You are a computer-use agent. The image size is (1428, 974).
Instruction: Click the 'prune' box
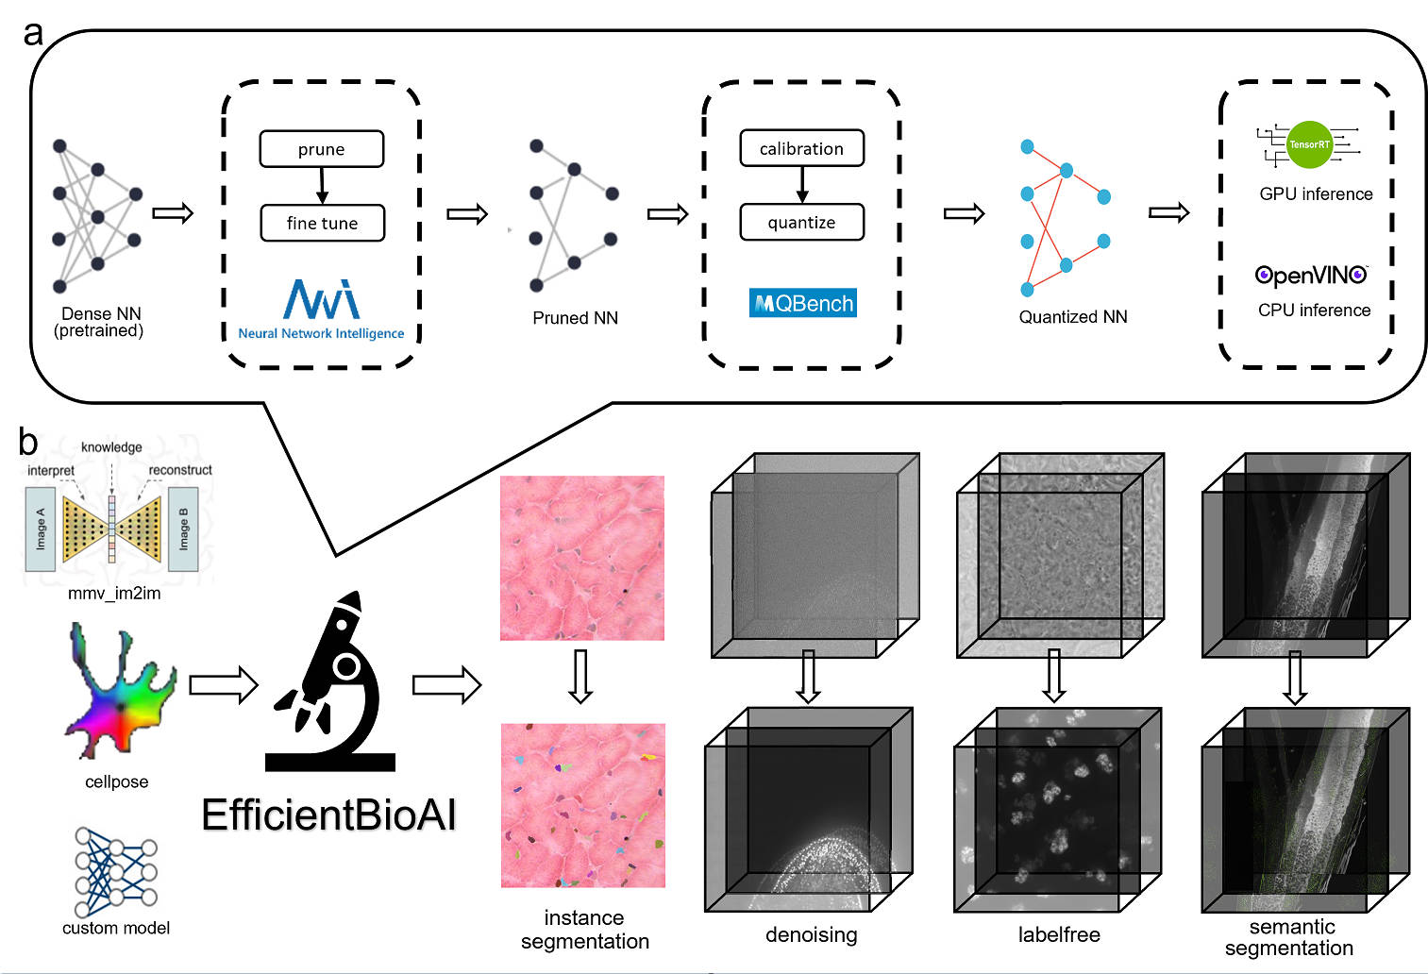pos(321,149)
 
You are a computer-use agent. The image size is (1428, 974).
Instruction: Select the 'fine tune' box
pos(322,224)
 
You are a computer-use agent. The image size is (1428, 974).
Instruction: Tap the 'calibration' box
pos(801,148)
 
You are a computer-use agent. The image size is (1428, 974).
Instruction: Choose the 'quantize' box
pos(801,223)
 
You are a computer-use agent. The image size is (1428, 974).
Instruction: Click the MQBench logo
pos(803,303)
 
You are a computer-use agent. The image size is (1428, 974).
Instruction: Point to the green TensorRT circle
pos(1309,144)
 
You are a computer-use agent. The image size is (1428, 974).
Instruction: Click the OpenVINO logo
pos(1311,275)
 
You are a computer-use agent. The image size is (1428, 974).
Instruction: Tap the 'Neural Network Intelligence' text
pos(321,333)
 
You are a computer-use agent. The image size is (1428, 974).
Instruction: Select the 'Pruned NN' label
pos(575,318)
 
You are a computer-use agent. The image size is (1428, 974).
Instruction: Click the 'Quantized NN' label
pos(1073,317)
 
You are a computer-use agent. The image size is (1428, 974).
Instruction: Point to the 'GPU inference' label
pos(1316,194)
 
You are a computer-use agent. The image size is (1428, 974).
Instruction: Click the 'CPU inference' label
pos(1314,311)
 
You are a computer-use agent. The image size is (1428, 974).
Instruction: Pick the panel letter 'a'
pos(33,33)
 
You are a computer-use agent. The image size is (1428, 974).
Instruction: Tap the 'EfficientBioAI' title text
pos(328,814)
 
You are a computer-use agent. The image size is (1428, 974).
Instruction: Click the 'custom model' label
pos(116,928)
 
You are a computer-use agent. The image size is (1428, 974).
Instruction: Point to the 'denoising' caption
pos(811,935)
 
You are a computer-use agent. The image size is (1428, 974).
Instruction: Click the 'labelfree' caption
pos(1059,935)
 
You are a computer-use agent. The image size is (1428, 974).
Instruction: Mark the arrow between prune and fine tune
pos(322,186)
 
